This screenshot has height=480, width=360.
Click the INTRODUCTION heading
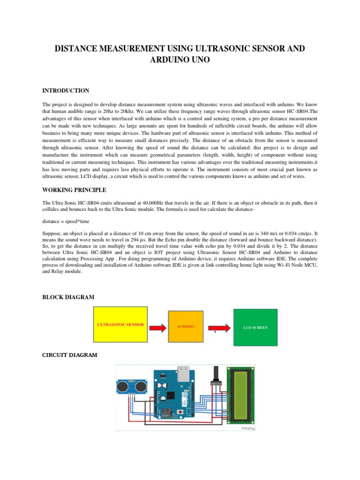click(x=66, y=90)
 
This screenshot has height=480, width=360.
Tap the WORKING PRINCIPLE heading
click(x=74, y=190)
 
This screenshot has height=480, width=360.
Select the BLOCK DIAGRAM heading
click(x=68, y=297)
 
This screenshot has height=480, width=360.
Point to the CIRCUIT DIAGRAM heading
click(x=70, y=355)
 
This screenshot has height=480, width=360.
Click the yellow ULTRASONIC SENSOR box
click(x=121, y=326)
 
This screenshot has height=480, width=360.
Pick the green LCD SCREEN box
click(x=255, y=328)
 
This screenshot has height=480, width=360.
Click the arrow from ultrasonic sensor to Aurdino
click(x=158, y=327)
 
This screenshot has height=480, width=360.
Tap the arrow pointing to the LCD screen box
click(x=218, y=328)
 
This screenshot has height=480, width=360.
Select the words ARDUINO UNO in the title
click(x=180, y=60)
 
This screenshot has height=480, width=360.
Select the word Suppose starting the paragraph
click(x=53, y=233)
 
